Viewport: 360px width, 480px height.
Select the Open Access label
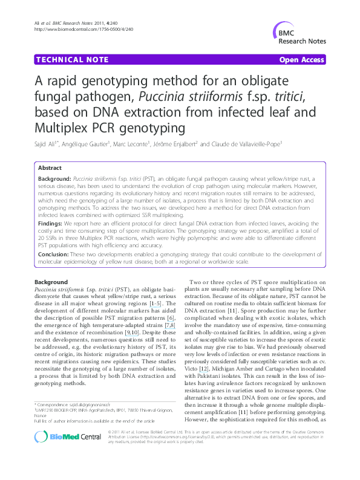(x=301, y=60)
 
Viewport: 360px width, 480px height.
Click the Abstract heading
(x=50, y=167)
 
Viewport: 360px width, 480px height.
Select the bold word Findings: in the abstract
(x=50, y=223)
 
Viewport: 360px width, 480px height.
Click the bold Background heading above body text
(x=51, y=282)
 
